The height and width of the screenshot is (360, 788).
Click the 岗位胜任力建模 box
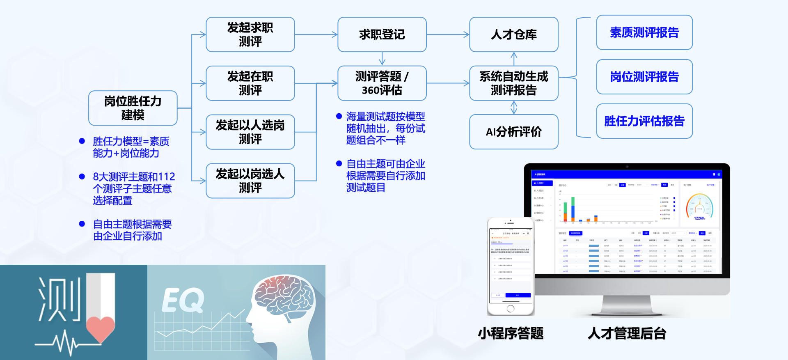pos(133,108)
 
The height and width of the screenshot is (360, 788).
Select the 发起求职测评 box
pos(250,34)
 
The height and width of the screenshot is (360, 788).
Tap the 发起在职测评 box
pos(250,83)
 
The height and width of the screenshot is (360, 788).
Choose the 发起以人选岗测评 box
pos(250,132)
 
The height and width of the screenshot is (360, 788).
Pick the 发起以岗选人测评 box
pos(250,181)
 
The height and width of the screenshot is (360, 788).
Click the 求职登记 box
pos(382,34)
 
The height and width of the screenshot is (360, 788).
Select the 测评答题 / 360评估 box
pos(382,83)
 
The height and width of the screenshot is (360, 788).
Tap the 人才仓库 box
pos(513,34)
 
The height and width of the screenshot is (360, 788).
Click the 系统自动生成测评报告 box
pos(513,83)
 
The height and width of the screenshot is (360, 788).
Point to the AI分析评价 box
pos(513,132)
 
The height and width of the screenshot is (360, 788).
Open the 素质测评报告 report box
pos(644,32)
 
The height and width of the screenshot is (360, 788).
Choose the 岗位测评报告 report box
pos(644,77)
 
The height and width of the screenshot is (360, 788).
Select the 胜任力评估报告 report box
pos(644,121)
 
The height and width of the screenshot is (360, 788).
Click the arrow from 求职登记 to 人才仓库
pos(448,34)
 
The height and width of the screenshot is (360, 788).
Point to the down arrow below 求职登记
pos(382,59)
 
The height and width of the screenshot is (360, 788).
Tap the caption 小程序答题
pos(511,333)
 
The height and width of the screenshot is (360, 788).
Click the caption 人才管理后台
pos(627,333)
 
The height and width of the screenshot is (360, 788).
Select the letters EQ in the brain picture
pos(183,300)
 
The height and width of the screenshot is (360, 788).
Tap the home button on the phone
pos(511,308)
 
